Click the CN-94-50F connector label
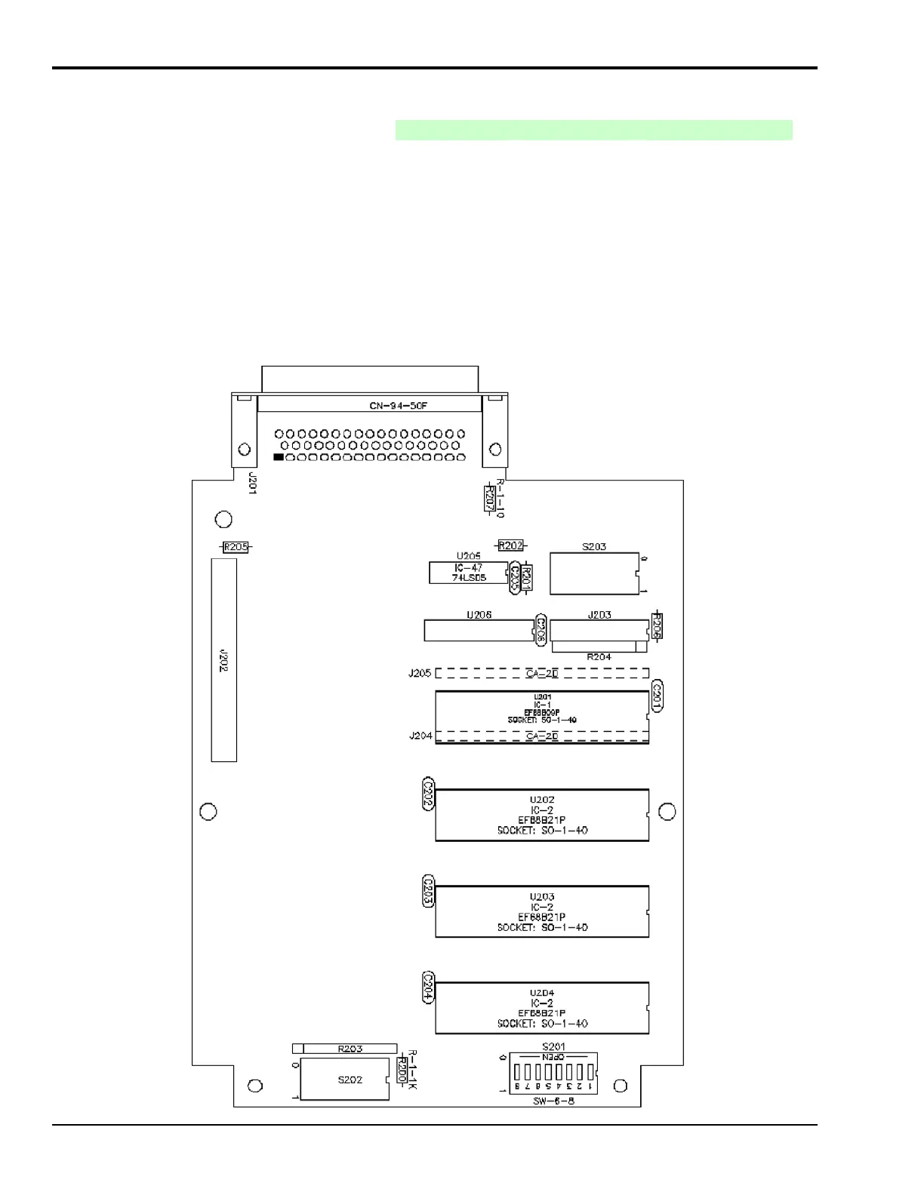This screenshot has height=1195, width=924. (x=398, y=406)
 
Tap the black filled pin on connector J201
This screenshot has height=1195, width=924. (x=279, y=457)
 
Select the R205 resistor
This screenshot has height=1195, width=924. (x=236, y=547)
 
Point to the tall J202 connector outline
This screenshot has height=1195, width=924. (x=224, y=660)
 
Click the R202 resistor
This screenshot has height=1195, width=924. (x=511, y=545)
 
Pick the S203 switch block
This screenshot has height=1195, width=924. (x=594, y=573)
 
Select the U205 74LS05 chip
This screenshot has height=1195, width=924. (x=468, y=573)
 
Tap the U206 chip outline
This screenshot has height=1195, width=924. (x=479, y=631)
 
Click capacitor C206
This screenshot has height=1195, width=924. (x=541, y=629)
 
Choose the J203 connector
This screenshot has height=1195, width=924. (x=599, y=630)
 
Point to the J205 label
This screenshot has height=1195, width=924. (x=420, y=673)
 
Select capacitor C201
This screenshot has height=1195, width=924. (x=657, y=696)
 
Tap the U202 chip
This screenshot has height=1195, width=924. (x=542, y=816)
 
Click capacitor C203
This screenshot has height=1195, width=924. (x=428, y=891)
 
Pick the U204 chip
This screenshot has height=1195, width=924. (x=542, y=1008)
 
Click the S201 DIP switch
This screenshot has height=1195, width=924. (x=553, y=1072)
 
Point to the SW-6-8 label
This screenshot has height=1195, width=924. (x=553, y=1101)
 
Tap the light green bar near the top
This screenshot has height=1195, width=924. (x=593, y=130)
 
